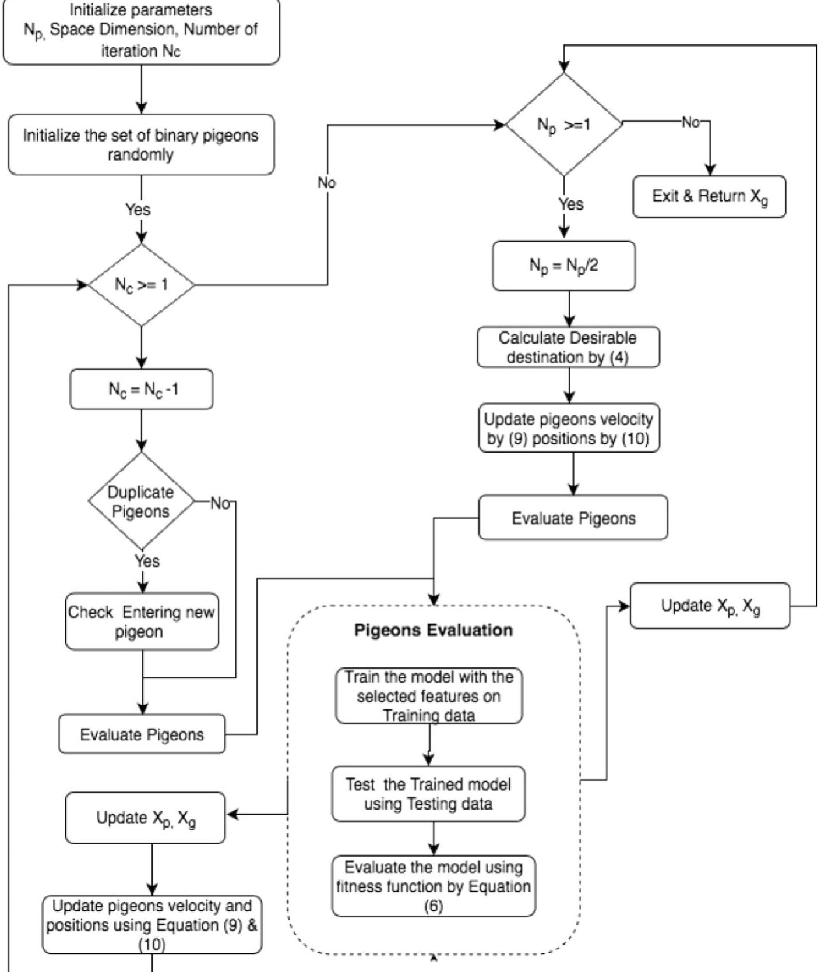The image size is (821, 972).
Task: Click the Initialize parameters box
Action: click(141, 30)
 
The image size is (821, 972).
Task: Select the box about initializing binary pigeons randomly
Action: click(141, 145)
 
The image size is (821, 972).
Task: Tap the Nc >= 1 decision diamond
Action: click(141, 285)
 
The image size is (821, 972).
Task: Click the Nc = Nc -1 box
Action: click(141, 389)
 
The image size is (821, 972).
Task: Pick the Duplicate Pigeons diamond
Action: click(141, 501)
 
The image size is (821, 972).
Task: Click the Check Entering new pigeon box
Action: click(142, 621)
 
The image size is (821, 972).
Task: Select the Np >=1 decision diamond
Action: click(563, 125)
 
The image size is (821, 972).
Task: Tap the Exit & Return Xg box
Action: click(709, 197)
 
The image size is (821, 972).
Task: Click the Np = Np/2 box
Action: click(563, 266)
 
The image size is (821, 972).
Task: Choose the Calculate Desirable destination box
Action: click(568, 347)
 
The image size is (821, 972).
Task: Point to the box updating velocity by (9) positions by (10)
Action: click(568, 428)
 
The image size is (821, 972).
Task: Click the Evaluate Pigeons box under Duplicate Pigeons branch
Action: click(142, 734)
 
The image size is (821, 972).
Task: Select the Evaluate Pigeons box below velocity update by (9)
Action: click(573, 518)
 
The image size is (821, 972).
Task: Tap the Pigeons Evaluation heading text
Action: click(434, 630)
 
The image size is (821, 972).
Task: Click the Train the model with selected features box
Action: click(429, 696)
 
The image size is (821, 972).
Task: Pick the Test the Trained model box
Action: click(428, 794)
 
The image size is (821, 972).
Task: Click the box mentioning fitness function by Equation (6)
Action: click(434, 886)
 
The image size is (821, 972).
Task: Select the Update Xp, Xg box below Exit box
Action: click(710, 606)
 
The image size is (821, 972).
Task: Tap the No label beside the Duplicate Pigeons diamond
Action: click(220, 503)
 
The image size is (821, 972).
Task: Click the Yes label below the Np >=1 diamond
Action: click(571, 204)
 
